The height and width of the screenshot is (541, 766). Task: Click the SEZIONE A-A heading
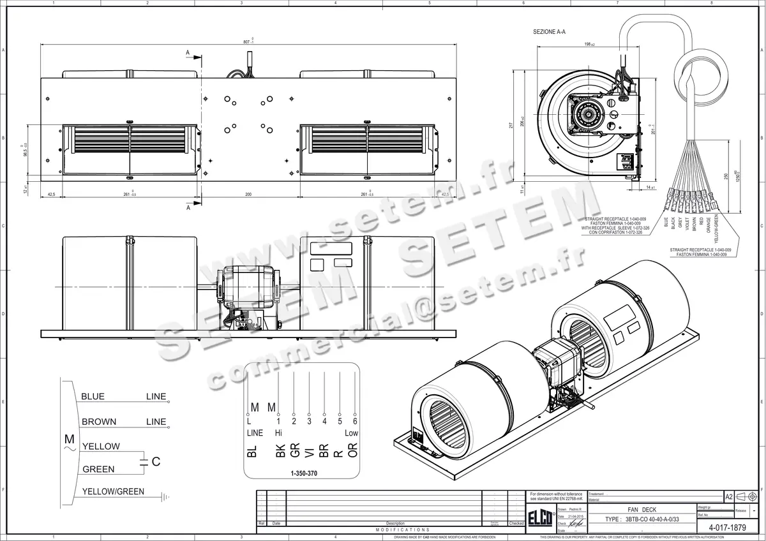549,31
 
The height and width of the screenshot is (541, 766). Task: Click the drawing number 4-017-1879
728,528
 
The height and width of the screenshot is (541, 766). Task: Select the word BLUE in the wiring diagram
93,397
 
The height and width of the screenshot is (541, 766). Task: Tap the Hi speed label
278,433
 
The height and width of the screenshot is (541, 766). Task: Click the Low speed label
352,433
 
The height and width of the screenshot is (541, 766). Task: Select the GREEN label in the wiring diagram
98,470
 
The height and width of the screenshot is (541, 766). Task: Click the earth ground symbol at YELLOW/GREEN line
165,496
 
